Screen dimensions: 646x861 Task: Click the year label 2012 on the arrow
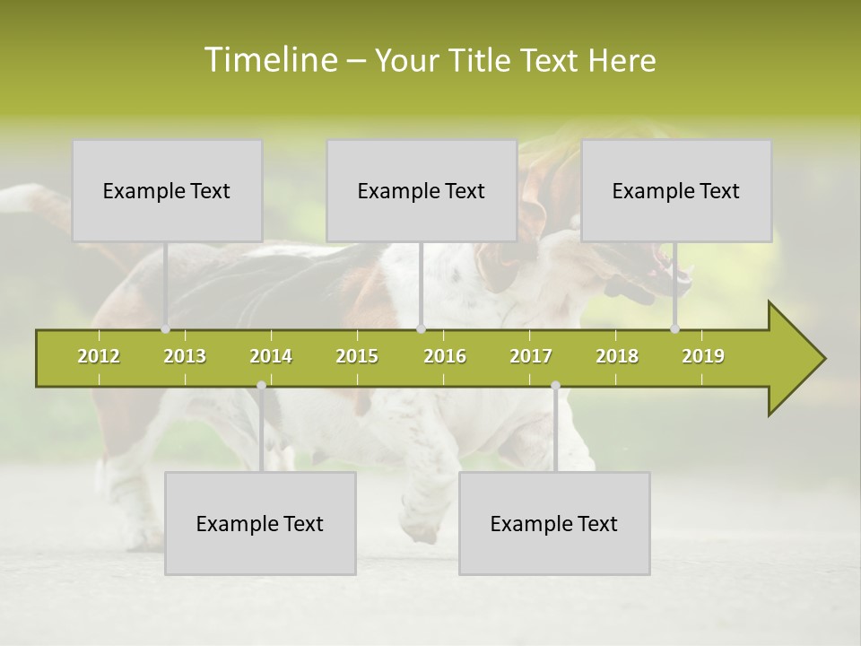[99, 356]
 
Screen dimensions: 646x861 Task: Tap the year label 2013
[185, 356]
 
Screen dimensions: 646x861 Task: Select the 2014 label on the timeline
[271, 356]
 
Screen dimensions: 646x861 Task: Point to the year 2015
[357, 356]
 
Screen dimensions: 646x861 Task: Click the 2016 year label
[445, 356]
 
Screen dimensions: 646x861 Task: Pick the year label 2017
[531, 356]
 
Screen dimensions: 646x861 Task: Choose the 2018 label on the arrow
[617, 356]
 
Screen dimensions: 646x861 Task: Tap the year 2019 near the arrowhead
[703, 356]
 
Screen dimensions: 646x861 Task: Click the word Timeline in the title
[270, 60]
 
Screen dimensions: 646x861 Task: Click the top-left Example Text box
[167, 190]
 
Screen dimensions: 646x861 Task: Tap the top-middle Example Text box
[422, 190]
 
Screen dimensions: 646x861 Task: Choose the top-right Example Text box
[676, 190]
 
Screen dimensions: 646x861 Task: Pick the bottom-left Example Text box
[260, 523]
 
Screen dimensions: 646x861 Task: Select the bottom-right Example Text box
[554, 523]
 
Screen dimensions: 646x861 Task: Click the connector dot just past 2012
[166, 329]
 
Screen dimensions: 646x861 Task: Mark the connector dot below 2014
[261, 385]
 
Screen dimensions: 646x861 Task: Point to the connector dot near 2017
[555, 385]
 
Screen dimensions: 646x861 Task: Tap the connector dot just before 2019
[675, 329]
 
